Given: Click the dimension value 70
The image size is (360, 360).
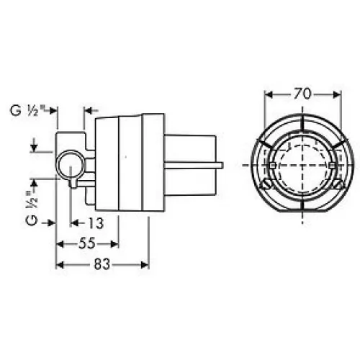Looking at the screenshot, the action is (x=302, y=94).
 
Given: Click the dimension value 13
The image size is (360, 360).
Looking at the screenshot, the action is (x=96, y=223).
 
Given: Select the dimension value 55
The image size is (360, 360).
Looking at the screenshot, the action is (x=87, y=244).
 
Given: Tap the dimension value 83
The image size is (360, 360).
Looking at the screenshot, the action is (x=102, y=264).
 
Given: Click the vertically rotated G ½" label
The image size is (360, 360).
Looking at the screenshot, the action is (x=32, y=208).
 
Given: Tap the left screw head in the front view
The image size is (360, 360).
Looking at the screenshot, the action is (x=266, y=184).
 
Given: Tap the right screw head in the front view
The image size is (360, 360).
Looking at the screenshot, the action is (x=338, y=184).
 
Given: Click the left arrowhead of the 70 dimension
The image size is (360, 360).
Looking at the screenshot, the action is (x=269, y=95).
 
